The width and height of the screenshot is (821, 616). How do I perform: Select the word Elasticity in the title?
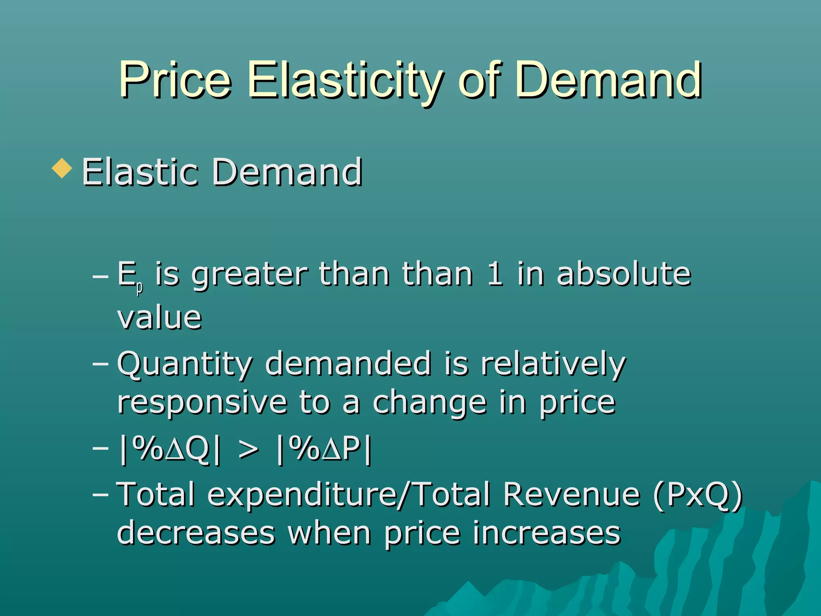point(346,80)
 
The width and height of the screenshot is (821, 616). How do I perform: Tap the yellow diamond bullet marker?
point(62,168)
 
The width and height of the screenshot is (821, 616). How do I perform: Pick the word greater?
point(249,275)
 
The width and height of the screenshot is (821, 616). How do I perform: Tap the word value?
point(160,318)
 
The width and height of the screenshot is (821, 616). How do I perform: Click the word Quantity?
point(185,364)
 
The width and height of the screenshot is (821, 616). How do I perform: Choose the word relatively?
point(553,364)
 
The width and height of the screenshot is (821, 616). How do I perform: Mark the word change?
point(429,403)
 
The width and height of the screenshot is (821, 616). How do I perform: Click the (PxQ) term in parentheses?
point(698,495)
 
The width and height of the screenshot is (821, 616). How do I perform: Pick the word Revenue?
point(572,494)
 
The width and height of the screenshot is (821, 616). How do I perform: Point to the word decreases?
point(196,533)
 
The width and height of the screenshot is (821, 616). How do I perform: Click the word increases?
point(547,533)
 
